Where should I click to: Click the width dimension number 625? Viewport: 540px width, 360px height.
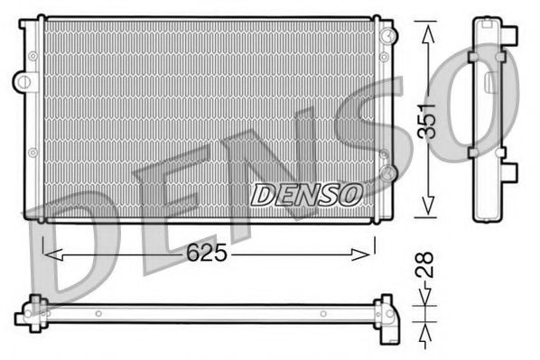tap(209, 254)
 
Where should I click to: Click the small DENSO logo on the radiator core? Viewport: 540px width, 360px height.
tap(306, 194)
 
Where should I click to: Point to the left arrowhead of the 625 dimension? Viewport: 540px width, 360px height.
tap(48, 254)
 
